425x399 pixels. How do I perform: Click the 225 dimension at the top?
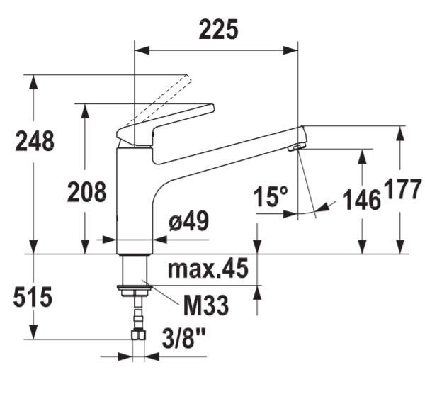pyautogui.click(x=218, y=29)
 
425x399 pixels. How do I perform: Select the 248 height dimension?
pyautogui.click(x=35, y=141)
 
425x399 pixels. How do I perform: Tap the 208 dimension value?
pyautogui.click(x=86, y=192)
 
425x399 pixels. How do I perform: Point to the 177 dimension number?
pyautogui.click(x=403, y=189)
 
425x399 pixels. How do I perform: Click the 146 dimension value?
pyautogui.click(x=361, y=200)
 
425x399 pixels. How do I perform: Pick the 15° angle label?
pyautogui.click(x=271, y=196)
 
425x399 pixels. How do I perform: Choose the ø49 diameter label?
pyautogui.click(x=189, y=220)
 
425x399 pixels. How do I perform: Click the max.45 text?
pyautogui.click(x=208, y=268)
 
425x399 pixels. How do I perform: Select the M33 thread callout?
pyautogui.click(x=206, y=305)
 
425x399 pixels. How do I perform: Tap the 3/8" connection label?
pyautogui.click(x=183, y=338)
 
